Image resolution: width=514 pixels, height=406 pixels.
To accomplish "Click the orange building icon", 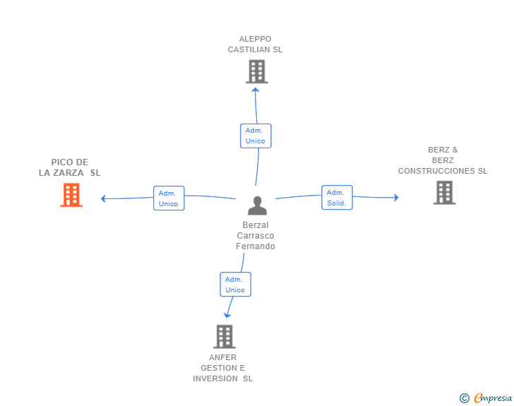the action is tap(71, 195).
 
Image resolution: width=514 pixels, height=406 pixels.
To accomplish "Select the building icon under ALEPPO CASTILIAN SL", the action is tap(257, 71).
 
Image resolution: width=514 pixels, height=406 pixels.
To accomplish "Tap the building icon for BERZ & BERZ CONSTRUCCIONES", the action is tap(444, 193).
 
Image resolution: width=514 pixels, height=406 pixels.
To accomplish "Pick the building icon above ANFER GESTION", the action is tap(225, 337).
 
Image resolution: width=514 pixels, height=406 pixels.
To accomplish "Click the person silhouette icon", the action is tap(257, 205).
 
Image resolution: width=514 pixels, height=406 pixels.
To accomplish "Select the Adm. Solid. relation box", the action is tap(337, 198).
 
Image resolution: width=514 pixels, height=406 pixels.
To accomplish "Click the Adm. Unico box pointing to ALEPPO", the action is tap(256, 136).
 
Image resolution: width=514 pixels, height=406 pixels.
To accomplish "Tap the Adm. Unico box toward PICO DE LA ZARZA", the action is tap(169, 198).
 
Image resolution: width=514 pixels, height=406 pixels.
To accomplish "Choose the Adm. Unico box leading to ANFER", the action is tap(235, 285).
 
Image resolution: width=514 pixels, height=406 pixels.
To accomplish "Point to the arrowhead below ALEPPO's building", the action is tap(256, 90).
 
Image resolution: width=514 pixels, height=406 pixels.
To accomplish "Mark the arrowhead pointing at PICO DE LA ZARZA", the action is tap(103, 198).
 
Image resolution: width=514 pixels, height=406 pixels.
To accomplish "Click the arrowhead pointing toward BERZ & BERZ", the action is tap(396, 198).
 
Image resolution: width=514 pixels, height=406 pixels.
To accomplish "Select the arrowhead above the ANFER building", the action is tap(227, 315).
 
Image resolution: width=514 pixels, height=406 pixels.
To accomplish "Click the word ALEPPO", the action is tap(255, 39).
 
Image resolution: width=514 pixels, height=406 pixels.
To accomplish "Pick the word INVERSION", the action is tap(215, 378).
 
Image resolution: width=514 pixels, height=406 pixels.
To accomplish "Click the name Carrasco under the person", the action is tap(256, 236).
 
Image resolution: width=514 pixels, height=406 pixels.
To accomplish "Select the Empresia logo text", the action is tap(493, 398).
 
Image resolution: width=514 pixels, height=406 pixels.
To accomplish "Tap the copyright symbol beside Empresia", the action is tap(464, 398).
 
